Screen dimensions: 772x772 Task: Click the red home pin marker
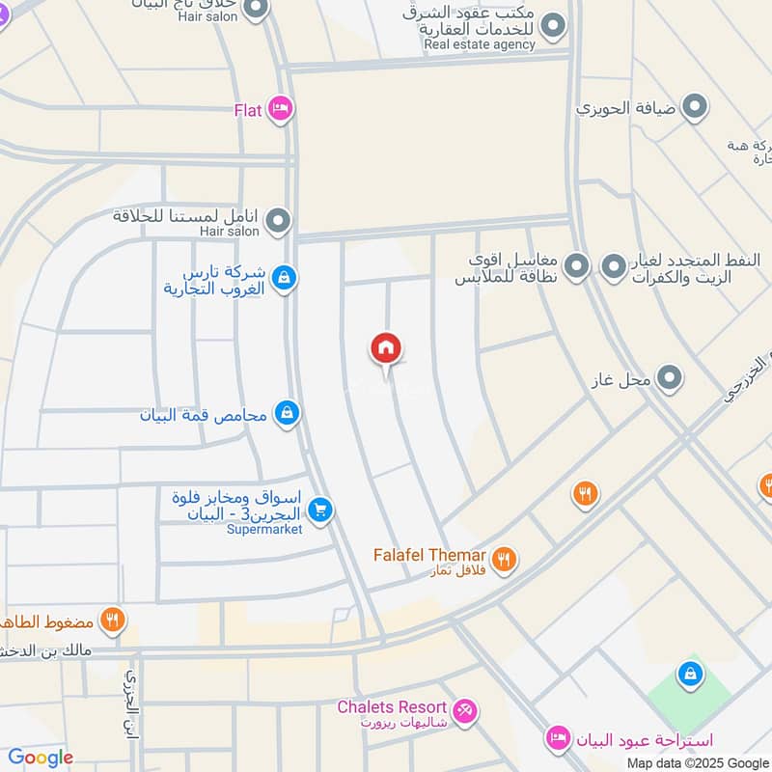click(x=386, y=348)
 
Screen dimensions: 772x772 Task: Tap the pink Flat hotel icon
click(x=280, y=109)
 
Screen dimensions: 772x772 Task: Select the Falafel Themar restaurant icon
click(x=504, y=558)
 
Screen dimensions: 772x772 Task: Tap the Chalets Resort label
click(x=392, y=707)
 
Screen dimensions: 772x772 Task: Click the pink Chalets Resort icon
click(x=465, y=711)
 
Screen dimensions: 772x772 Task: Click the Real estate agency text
click(x=480, y=44)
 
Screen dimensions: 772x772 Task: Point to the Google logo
click(x=41, y=758)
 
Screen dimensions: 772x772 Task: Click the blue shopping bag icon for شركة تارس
click(x=284, y=278)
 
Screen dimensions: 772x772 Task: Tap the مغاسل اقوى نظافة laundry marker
click(x=577, y=265)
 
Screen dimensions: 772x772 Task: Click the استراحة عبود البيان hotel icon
click(x=557, y=740)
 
